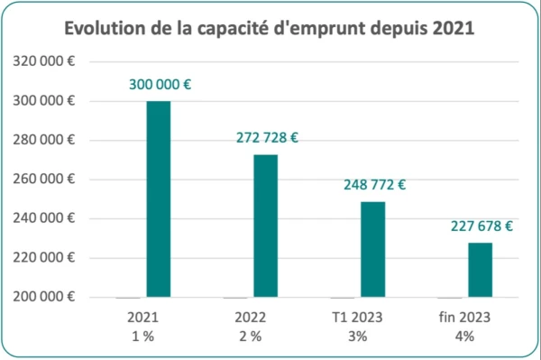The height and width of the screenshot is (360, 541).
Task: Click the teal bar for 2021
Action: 158,198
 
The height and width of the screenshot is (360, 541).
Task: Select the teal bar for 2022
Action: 265,226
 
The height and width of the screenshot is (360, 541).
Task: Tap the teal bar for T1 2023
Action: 372,249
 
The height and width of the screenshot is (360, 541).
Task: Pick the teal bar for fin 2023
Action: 480,269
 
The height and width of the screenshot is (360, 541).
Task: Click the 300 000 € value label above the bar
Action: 159,86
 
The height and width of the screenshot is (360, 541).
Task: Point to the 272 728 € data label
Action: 265,140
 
